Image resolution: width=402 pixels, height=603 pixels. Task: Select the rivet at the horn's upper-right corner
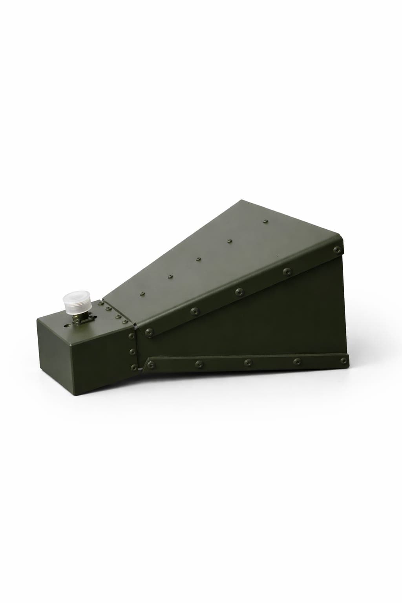click(x=337, y=250)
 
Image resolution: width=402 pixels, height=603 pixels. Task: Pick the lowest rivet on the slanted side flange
click(x=149, y=332)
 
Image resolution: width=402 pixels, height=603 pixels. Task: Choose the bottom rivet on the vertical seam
click(x=134, y=367)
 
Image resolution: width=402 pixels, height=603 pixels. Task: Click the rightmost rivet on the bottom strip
click(x=344, y=360)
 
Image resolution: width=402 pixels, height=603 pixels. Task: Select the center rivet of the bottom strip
click(x=248, y=362)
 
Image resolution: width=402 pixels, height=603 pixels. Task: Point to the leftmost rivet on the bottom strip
click(x=150, y=366)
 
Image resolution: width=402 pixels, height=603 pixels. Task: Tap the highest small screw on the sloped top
click(x=266, y=221)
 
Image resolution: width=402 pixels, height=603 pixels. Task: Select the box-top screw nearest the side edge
click(x=124, y=322)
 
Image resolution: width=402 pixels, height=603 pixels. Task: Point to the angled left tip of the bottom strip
click(x=143, y=369)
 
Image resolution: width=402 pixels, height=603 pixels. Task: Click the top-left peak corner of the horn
click(x=241, y=201)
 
